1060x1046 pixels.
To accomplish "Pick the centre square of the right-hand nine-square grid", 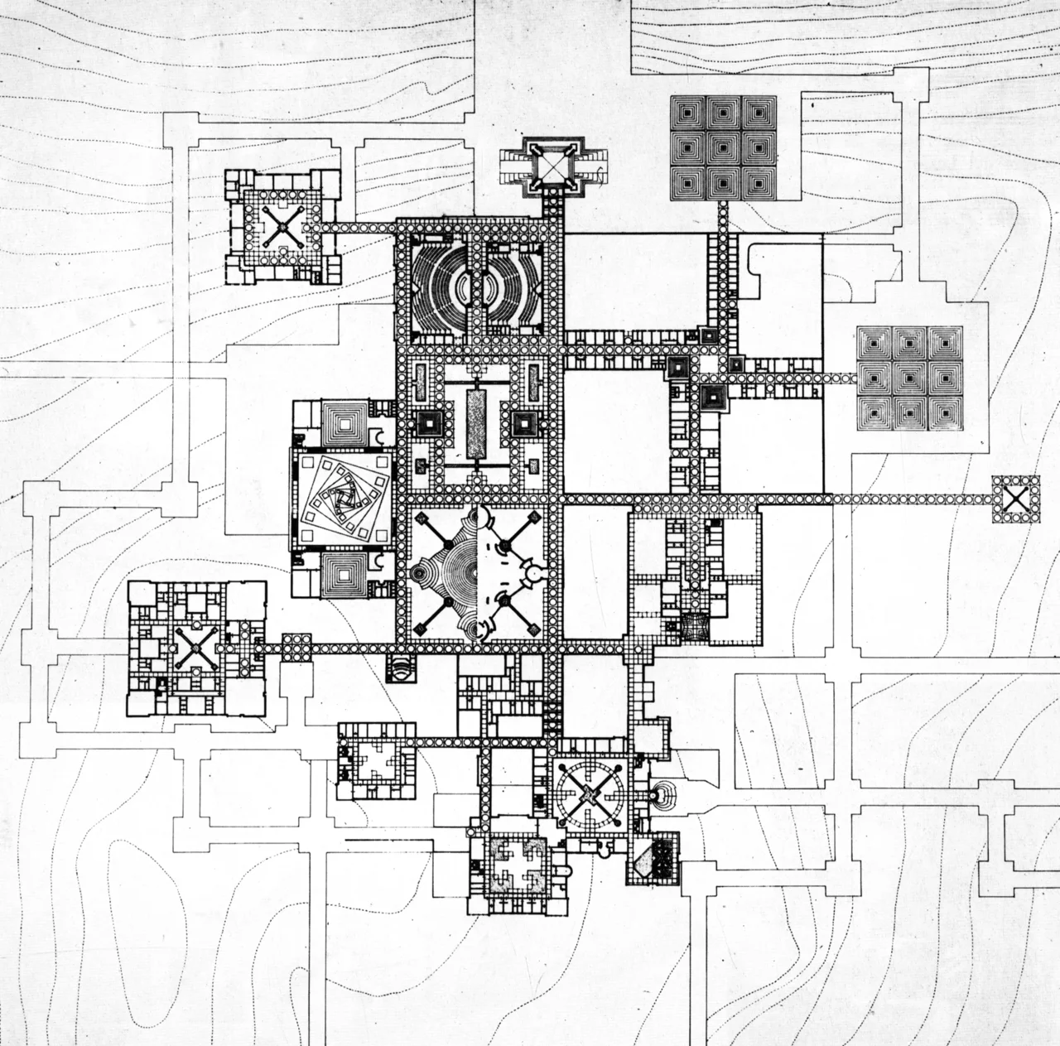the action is [910, 378].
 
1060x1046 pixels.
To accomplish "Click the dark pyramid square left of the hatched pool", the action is [430, 423].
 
